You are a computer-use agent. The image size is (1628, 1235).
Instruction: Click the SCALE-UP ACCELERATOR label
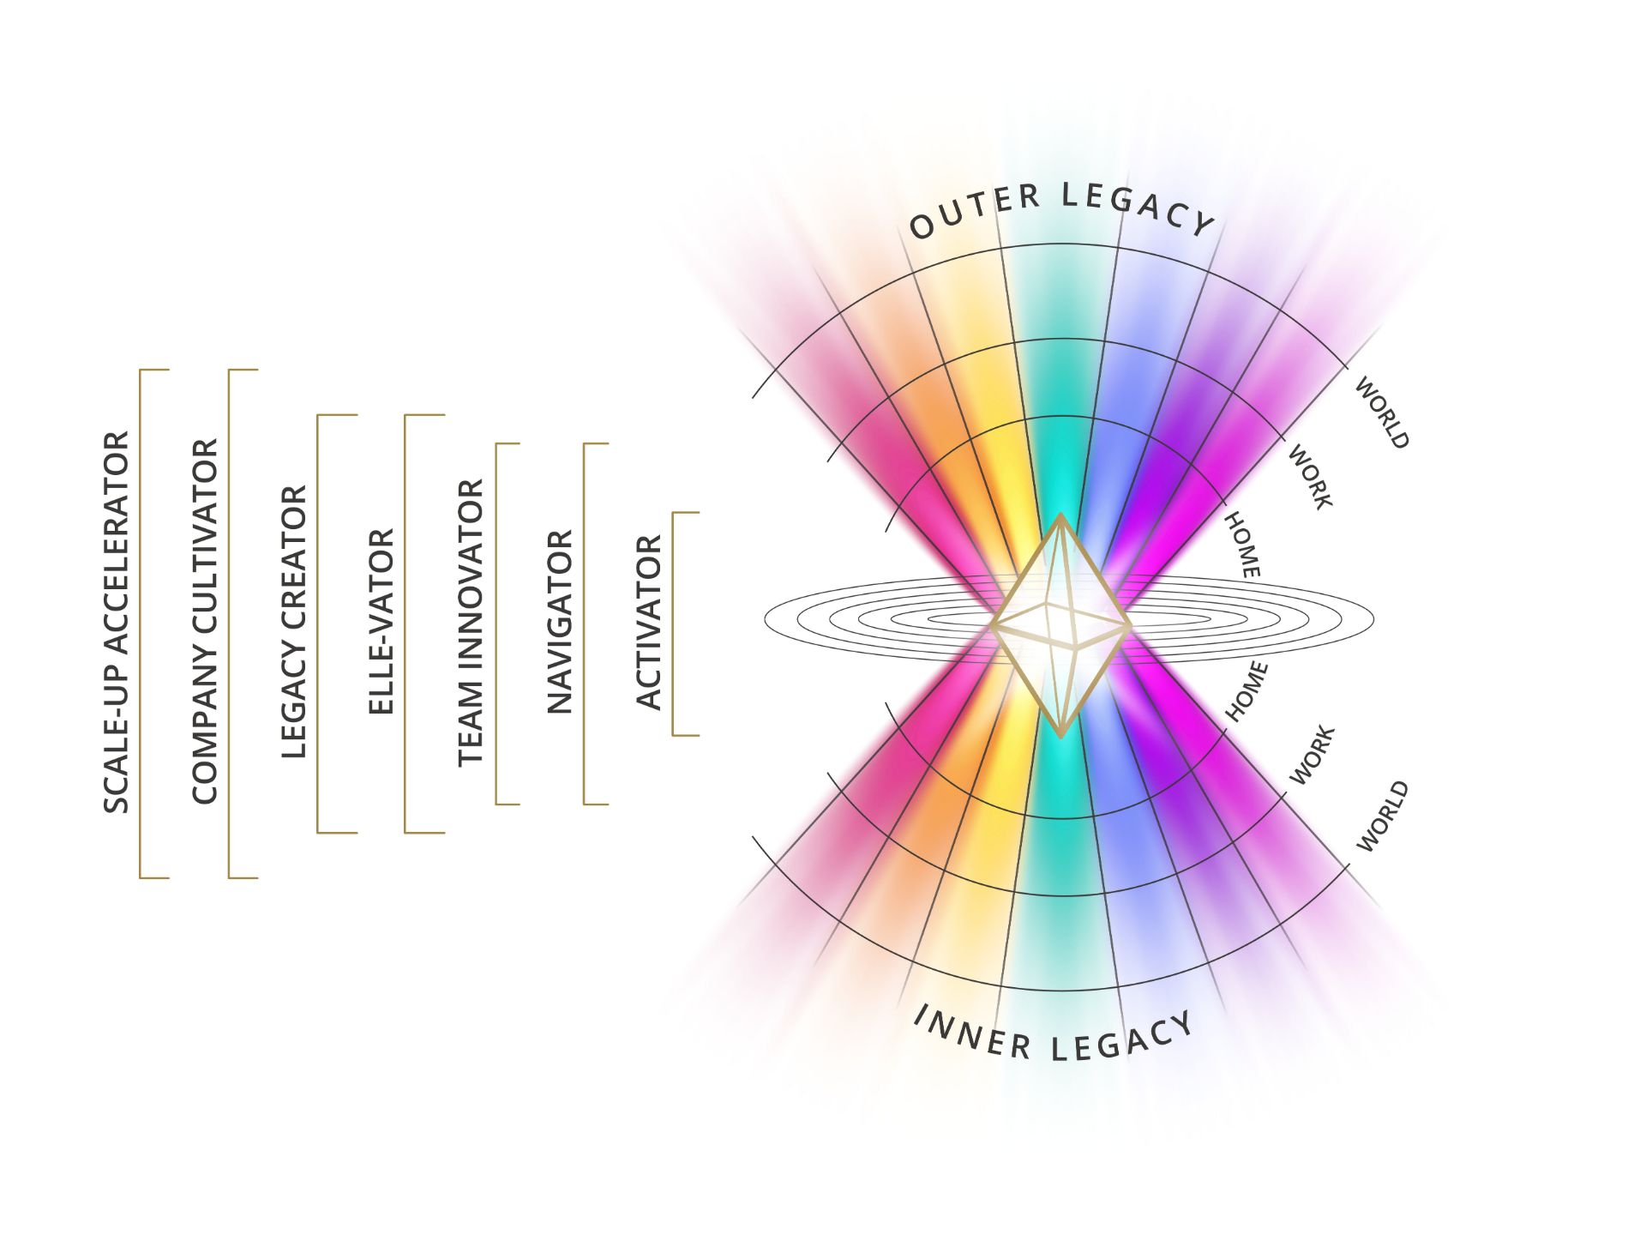point(117,622)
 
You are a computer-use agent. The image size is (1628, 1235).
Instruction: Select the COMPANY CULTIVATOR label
point(205,622)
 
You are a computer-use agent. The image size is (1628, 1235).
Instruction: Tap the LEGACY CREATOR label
point(294,622)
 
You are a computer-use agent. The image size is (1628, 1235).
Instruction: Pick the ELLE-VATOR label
point(381,622)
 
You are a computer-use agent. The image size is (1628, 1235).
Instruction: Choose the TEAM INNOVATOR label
point(471,623)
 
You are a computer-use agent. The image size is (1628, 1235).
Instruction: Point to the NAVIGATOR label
point(560,622)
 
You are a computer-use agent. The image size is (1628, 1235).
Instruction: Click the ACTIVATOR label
point(649,622)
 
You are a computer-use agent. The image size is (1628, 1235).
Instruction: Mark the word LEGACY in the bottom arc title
point(1122,1039)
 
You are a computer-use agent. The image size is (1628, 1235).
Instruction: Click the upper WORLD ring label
point(1381,413)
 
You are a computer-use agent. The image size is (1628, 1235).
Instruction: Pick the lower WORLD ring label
point(1382,816)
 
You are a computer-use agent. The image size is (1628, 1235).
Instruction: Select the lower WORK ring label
point(1313,755)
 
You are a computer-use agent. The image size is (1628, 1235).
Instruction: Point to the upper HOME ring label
point(1242,545)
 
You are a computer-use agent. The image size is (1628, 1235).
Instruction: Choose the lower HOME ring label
point(1246,690)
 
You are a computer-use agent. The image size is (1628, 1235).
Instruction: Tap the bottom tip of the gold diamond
point(1060,737)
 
